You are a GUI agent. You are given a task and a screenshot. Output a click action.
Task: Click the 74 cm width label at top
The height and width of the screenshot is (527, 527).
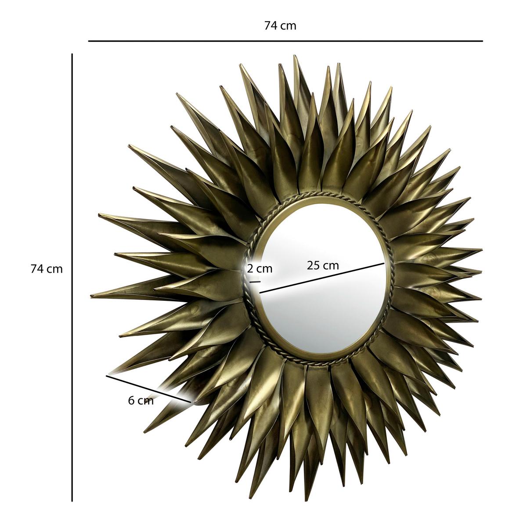click(x=280, y=26)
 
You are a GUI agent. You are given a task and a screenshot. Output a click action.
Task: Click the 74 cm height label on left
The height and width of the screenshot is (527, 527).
click(x=47, y=269)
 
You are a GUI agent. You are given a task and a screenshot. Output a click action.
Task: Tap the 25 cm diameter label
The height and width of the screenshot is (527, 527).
click(x=323, y=265)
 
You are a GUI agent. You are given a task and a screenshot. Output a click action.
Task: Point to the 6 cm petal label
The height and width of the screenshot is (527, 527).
click(x=141, y=401)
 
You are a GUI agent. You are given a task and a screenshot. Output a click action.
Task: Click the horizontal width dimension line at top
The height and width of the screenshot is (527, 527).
click(x=285, y=41)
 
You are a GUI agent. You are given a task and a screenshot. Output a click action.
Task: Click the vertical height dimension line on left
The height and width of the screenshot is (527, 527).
click(x=72, y=277)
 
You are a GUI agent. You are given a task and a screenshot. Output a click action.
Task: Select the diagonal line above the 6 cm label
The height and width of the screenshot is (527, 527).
click(x=149, y=388)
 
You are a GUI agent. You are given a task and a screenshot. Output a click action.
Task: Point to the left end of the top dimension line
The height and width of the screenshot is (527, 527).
click(x=89, y=41)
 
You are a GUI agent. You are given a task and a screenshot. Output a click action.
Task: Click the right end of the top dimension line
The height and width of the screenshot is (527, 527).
click(x=482, y=41)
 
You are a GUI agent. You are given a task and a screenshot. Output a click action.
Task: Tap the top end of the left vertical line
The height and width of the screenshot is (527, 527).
click(x=72, y=54)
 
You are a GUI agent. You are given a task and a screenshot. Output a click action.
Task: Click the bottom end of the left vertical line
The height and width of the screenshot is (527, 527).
click(x=72, y=501)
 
